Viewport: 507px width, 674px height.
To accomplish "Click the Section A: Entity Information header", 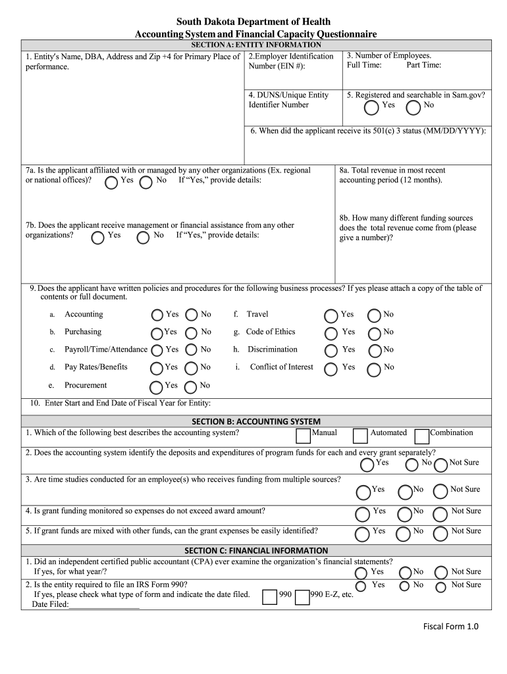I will tap(255, 45).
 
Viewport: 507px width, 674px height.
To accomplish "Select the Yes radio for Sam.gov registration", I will tap(372, 107).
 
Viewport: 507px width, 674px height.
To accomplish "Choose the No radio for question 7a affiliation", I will tap(146, 182).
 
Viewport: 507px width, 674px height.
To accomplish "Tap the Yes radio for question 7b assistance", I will tap(97, 237).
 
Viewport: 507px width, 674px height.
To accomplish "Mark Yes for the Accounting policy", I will tap(157, 315).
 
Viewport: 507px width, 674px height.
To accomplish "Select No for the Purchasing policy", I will tap(192, 333).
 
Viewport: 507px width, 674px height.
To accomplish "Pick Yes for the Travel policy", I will tap(331, 316).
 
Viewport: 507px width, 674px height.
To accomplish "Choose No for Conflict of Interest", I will tap(374, 369).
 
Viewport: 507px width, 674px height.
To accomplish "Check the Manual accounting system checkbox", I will tap(304, 435).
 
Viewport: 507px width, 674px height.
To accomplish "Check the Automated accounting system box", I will tap(360, 435).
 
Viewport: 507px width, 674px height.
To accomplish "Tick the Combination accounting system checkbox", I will tap(422, 435).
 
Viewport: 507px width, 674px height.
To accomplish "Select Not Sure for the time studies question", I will tap(440, 491).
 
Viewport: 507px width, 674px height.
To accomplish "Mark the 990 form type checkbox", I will tap(270, 596).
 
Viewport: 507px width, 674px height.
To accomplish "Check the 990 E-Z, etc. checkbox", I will tap(302, 596).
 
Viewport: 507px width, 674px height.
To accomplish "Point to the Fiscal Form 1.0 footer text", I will tap(450, 627).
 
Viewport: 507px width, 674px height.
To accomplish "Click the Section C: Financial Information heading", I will tap(255, 550).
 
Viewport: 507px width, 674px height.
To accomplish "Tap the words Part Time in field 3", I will tap(423, 65).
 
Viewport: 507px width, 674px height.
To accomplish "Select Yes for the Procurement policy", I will tap(156, 387).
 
